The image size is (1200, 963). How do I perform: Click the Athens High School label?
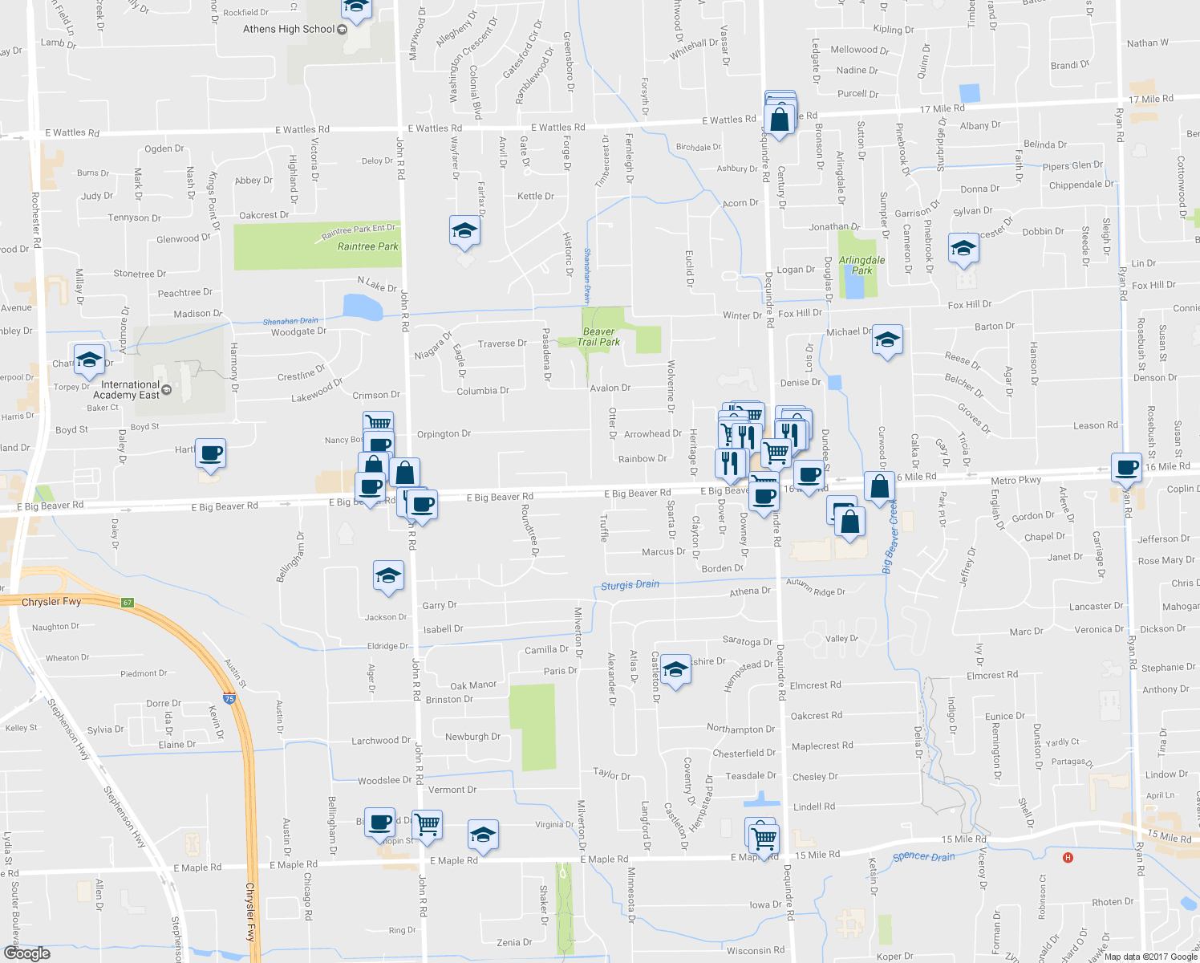click(x=289, y=29)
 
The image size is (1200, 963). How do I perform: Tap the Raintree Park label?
click(x=367, y=246)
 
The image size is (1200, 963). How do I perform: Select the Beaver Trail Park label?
click(x=599, y=336)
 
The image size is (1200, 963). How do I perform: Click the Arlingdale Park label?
click(x=861, y=265)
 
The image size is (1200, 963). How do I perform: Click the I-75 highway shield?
click(x=229, y=699)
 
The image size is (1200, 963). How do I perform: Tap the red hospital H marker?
click(x=1068, y=858)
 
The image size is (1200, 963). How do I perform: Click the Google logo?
click(x=26, y=953)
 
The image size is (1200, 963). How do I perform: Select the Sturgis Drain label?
click(x=630, y=585)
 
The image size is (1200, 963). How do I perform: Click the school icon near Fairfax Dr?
click(x=464, y=232)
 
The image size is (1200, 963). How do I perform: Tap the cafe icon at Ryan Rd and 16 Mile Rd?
click(x=1126, y=467)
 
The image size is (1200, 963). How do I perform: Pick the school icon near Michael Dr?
click(x=886, y=340)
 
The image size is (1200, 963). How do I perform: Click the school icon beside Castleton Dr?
click(x=675, y=670)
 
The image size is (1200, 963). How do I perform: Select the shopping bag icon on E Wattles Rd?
click(x=780, y=120)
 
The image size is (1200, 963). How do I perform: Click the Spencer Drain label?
click(x=923, y=857)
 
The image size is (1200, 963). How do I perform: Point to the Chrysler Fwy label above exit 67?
click(x=51, y=602)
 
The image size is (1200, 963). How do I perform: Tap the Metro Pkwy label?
click(x=1016, y=481)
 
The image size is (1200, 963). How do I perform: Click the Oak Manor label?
click(x=473, y=685)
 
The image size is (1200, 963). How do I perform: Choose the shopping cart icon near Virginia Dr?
click(x=428, y=823)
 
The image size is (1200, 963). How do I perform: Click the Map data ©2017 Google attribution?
click(x=1149, y=957)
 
